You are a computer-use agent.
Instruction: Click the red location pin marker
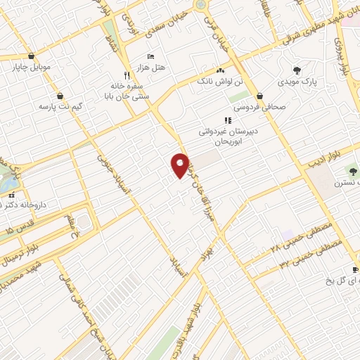[x=180, y=164]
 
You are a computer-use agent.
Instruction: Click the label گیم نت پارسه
[x=56, y=107]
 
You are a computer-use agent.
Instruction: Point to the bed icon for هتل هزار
[x=150, y=57]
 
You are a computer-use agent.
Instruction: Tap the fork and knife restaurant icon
[x=127, y=75]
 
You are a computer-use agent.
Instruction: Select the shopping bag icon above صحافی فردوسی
[x=260, y=96]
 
